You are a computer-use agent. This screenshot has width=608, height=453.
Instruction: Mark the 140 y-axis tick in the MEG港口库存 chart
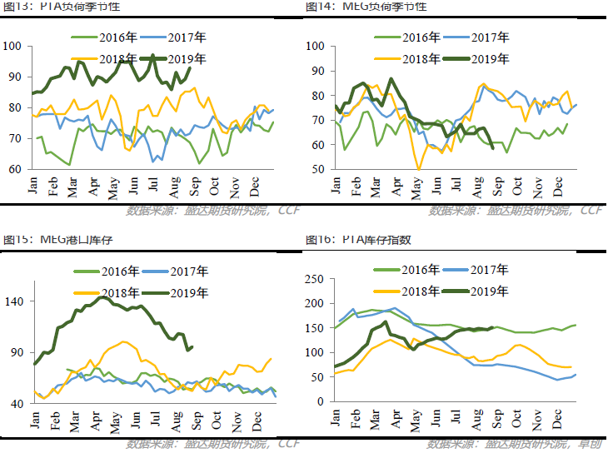coord(16,301)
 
